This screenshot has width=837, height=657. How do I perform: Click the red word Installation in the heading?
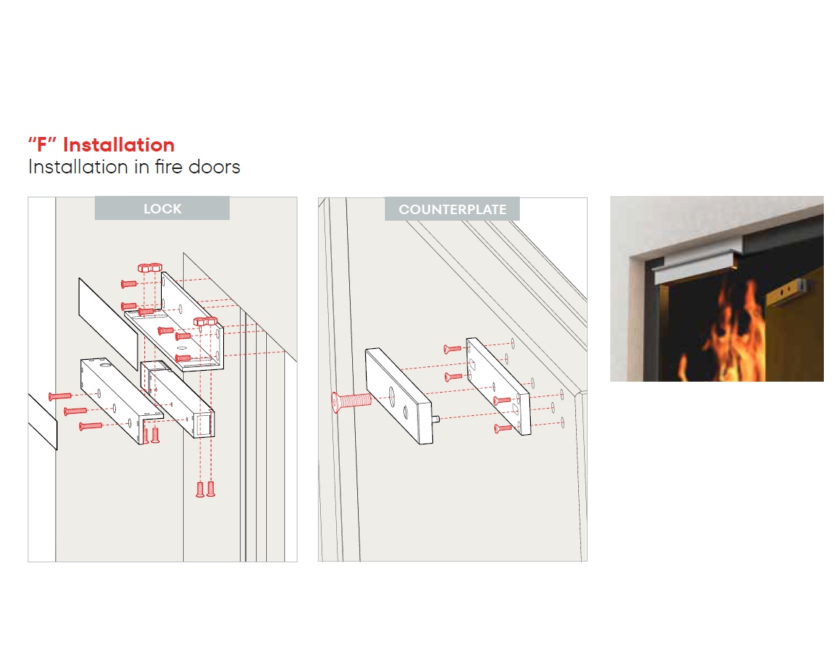119,145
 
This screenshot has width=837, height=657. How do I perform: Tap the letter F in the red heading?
42,145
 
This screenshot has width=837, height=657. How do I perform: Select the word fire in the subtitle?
168,167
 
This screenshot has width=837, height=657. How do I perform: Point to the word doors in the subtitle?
214,167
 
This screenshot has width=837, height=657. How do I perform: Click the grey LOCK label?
163,208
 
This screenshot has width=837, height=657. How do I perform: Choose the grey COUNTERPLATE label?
452,209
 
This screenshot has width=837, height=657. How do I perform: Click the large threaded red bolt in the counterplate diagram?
351,401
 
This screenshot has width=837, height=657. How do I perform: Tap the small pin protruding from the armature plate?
435,419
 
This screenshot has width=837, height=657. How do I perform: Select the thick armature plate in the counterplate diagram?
400,396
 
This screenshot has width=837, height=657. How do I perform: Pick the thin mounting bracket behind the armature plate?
499,386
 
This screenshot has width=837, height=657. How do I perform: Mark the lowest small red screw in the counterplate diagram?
503,428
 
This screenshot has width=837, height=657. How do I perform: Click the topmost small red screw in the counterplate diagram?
452,350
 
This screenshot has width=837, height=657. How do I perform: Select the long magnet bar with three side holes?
122,400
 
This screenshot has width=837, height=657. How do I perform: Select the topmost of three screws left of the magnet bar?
60,396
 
